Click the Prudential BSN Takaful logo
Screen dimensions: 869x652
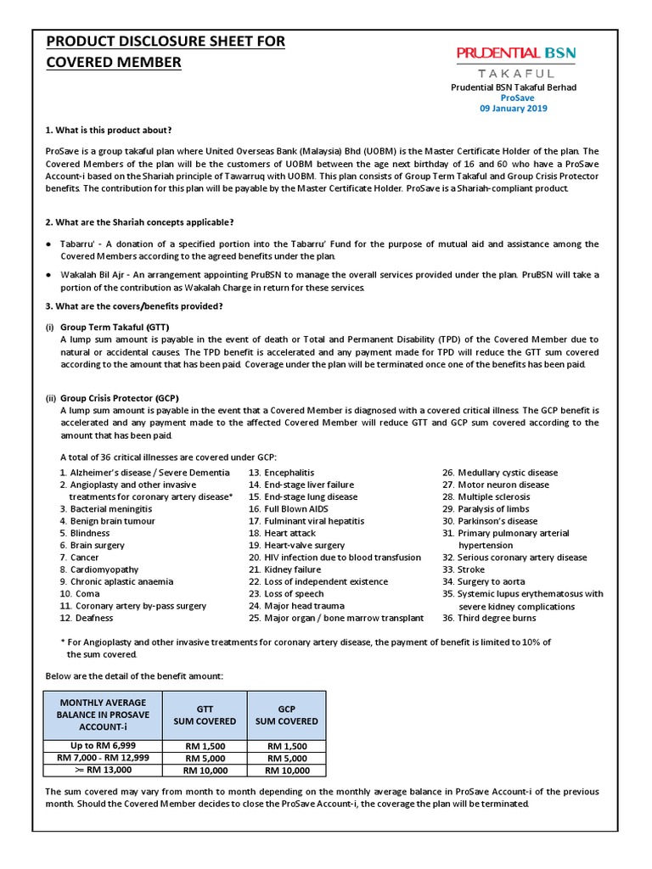[516, 61]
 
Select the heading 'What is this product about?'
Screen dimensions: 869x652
[108, 130]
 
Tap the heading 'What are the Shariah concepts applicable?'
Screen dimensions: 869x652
[139, 222]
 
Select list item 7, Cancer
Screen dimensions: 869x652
[79, 558]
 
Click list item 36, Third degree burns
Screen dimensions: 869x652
[488, 619]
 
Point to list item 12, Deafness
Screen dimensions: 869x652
[84, 619]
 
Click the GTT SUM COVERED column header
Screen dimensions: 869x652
[205, 715]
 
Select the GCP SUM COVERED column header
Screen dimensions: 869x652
[286, 715]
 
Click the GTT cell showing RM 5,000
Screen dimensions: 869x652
[205, 758]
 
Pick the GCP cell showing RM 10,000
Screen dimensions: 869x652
[286, 771]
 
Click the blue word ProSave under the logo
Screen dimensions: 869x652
[516, 98]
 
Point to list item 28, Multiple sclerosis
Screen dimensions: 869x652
[486, 496]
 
